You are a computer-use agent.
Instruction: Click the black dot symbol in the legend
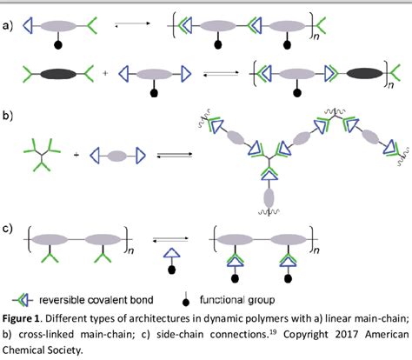pyautogui.click(x=209, y=298)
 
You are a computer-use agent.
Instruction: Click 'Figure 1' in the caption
pyautogui.click(x=26, y=316)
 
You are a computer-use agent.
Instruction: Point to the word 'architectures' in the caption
pyautogui.click(x=151, y=316)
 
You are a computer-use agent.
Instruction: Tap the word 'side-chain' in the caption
pyautogui.click(x=150, y=331)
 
